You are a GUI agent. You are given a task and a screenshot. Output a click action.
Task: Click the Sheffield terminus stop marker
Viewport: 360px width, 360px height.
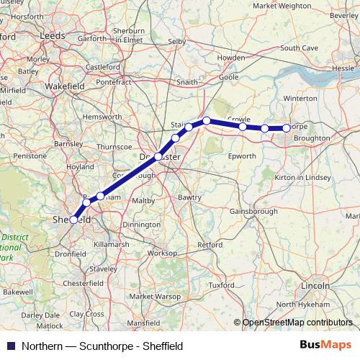tap(73, 220)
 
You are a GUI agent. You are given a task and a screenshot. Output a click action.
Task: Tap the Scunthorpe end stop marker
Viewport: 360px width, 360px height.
tap(287, 128)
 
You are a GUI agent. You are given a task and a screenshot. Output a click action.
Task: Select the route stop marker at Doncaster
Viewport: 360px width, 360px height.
tap(158, 156)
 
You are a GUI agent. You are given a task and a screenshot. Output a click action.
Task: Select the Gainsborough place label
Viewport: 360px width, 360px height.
tap(253, 211)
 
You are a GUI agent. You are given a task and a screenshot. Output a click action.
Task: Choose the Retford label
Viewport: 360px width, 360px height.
tap(210, 245)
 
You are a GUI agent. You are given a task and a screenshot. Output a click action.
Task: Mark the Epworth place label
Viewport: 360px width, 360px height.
tap(241, 156)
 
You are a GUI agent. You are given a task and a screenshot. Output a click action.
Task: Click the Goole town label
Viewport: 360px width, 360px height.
tap(228, 76)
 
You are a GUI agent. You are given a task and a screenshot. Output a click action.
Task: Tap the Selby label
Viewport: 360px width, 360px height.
tap(176, 42)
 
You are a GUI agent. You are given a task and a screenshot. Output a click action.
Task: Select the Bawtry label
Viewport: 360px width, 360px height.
tap(189, 196)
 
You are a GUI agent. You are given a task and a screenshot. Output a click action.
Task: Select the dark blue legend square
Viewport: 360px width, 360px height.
tap(9, 346)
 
